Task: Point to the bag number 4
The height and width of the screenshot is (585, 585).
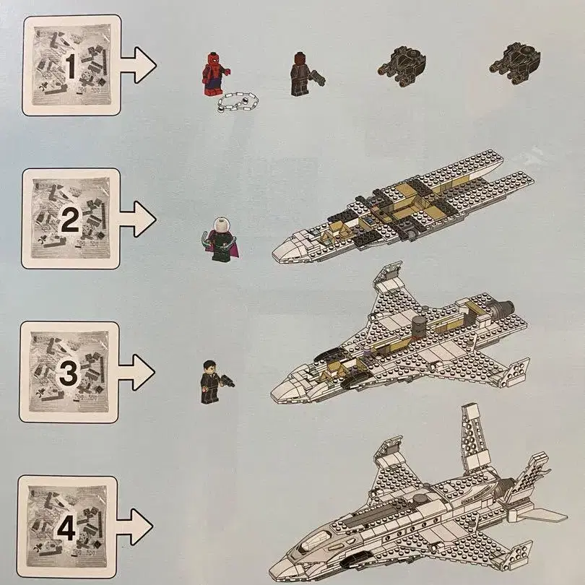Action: coord(66,528)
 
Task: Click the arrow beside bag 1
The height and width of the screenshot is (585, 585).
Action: coord(138,65)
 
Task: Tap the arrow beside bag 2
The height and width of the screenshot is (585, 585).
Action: coord(138,219)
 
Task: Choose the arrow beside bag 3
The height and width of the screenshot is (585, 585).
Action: coord(136,373)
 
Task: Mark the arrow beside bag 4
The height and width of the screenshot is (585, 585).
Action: coord(135,526)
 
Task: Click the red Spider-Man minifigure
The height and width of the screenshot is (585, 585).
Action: coord(214,74)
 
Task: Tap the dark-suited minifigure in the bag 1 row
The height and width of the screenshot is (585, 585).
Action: coord(301,74)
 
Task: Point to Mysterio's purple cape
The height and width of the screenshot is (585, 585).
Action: coord(233,247)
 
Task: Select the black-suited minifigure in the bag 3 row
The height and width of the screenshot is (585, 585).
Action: coord(210,381)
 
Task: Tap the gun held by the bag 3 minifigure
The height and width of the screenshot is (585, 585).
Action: coord(227,381)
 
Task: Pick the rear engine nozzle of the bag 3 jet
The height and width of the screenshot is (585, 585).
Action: coord(503,308)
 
